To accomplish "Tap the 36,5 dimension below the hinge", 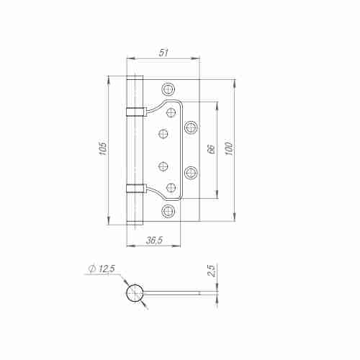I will [x=153, y=240].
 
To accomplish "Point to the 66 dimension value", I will [x=210, y=150].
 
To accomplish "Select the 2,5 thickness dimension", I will [x=210, y=271].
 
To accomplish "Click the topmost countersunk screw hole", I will [x=168, y=89].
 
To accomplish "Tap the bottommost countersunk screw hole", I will [x=168, y=211].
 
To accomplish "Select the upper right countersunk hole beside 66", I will [x=192, y=127].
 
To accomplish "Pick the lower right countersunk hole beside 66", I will [x=192, y=172].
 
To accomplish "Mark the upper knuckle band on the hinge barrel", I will [x=135, y=111].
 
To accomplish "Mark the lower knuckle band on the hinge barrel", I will [x=135, y=189].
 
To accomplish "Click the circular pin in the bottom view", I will [x=135, y=293].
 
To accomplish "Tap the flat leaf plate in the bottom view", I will [x=173, y=293].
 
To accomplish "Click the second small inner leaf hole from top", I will [x=163, y=133].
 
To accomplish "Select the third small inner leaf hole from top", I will [x=163, y=166].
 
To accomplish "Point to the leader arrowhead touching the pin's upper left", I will [x=127, y=285].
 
